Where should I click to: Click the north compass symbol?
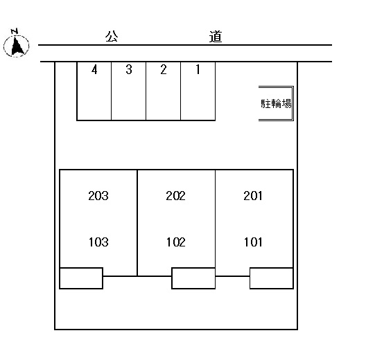click(x=17, y=46)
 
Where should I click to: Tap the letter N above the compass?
click(x=15, y=31)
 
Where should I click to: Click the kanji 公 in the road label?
click(x=112, y=37)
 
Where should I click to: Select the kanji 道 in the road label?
click(x=215, y=37)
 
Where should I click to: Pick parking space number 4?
click(x=94, y=91)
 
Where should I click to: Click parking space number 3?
click(x=129, y=91)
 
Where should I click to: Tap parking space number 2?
click(x=163, y=91)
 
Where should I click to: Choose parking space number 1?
click(x=198, y=91)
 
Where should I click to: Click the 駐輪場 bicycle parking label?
click(x=276, y=104)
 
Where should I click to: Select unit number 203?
click(x=98, y=196)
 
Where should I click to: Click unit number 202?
click(x=175, y=196)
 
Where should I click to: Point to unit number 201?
click(x=253, y=196)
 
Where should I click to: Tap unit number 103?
click(x=98, y=242)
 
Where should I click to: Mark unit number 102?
click(x=176, y=242)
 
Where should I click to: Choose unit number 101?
click(x=253, y=242)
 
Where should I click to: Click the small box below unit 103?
click(x=81, y=278)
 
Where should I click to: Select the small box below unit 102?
click(x=193, y=278)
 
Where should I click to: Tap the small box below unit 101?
click(x=272, y=278)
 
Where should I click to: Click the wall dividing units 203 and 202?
click(x=137, y=223)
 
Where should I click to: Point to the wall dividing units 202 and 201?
click(x=215, y=219)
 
